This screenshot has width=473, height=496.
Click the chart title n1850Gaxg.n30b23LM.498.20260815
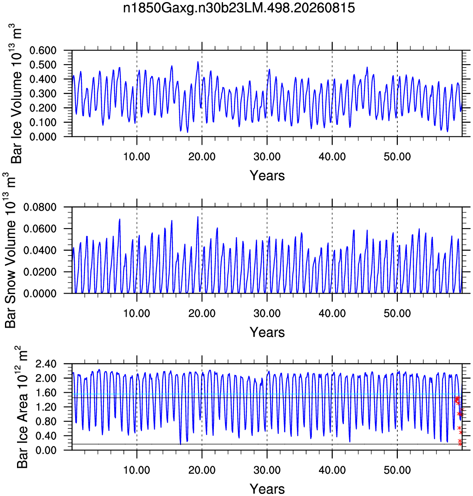(x=239, y=8)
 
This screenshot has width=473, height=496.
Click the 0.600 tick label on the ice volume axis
(x=43, y=50)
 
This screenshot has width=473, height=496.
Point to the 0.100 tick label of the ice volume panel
(x=43, y=122)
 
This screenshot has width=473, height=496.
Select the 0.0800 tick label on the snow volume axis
(x=40, y=207)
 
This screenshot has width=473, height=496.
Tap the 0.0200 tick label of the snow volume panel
(x=40, y=272)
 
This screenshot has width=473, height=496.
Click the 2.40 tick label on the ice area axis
(x=46, y=364)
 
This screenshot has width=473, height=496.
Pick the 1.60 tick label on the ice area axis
(x=46, y=393)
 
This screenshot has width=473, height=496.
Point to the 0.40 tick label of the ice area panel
(x=46, y=435)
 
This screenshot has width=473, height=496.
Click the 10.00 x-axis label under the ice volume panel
(x=137, y=156)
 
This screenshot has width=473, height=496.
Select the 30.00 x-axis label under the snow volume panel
(x=267, y=313)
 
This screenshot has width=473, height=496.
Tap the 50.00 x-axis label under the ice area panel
(x=397, y=470)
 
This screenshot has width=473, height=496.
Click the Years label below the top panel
(x=267, y=175)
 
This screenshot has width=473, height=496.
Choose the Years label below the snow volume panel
(x=267, y=333)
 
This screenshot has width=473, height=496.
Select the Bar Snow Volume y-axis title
(x=11, y=250)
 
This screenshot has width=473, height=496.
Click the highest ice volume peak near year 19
(x=198, y=62)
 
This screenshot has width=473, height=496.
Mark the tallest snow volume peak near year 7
(x=120, y=219)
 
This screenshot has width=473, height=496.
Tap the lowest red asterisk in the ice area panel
(x=460, y=444)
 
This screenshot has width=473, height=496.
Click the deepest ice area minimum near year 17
(x=181, y=444)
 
